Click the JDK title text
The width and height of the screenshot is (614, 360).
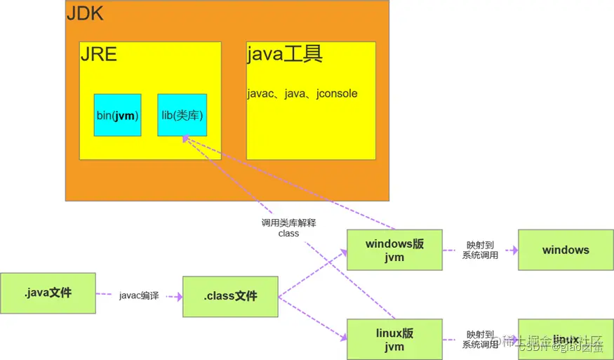click(x=84, y=13)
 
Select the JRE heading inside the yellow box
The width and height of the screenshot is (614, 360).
click(x=98, y=55)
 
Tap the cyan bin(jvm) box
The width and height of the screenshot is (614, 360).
click(x=118, y=115)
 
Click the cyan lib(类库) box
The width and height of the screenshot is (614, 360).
click(x=182, y=115)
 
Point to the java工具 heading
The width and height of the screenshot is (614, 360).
click(x=285, y=55)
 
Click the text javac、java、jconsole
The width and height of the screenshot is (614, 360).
click(x=302, y=93)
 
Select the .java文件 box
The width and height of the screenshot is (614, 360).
click(x=48, y=293)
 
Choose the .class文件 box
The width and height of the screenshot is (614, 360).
click(x=230, y=296)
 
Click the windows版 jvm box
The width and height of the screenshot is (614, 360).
click(x=394, y=250)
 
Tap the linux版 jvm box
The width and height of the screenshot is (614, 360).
click(x=394, y=340)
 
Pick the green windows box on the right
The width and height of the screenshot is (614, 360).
click(x=566, y=250)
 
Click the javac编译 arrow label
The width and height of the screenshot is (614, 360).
click(x=138, y=295)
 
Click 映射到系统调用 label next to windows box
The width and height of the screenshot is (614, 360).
click(x=480, y=250)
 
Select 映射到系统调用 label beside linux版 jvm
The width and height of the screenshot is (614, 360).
click(x=480, y=340)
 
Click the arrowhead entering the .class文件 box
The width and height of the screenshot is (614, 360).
click(x=178, y=297)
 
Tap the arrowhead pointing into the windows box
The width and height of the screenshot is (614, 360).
click(x=514, y=250)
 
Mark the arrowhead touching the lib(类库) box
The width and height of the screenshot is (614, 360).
click(x=185, y=140)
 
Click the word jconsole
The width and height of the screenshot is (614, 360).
click(x=337, y=93)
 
